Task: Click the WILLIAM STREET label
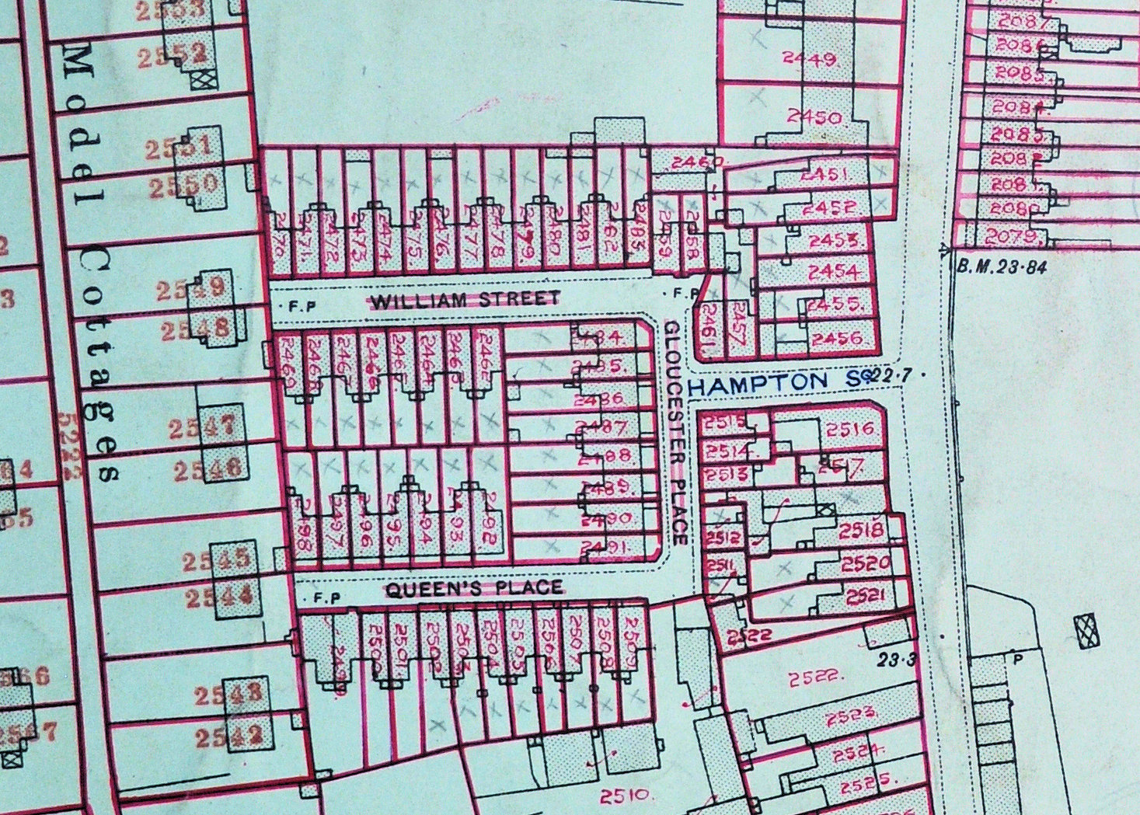[x=465, y=299]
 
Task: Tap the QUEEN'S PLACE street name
[x=473, y=589]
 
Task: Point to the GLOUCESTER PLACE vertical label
[x=674, y=434]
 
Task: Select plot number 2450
[x=814, y=117]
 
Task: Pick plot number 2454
[x=833, y=272]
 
